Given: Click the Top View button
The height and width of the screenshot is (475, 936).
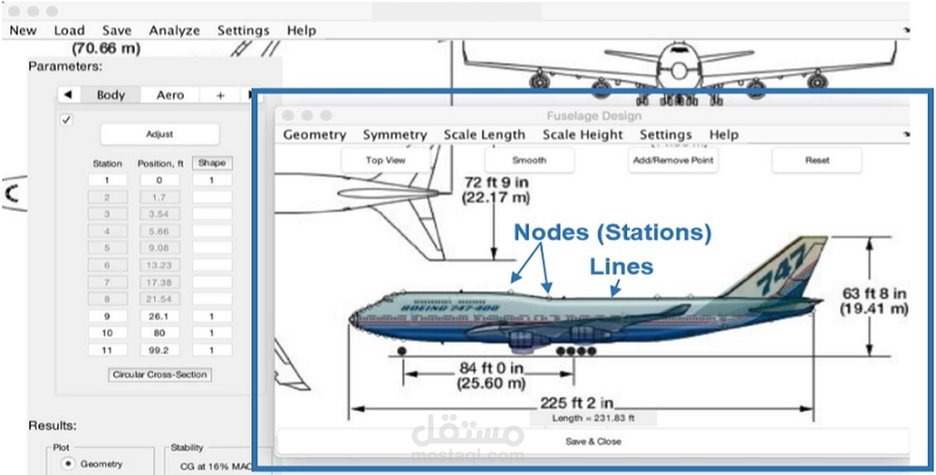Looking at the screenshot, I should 386,160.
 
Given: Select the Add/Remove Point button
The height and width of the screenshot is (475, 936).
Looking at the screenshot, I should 672,160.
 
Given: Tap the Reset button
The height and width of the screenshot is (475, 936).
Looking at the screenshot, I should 817,160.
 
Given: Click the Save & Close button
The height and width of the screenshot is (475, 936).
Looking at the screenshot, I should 593,441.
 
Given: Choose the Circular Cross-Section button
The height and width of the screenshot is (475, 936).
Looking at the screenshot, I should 160,374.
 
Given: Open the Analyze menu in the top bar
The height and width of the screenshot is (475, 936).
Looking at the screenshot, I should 175,31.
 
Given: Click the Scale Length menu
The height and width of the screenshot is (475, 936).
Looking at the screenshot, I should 484,135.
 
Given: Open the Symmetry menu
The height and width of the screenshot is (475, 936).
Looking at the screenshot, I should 395,135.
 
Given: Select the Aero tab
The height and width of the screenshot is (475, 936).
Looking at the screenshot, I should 170,95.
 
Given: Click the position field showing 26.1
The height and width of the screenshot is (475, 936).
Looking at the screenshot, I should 160,316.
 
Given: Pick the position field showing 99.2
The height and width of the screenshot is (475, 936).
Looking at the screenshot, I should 160,350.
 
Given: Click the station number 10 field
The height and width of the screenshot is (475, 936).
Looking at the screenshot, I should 107,333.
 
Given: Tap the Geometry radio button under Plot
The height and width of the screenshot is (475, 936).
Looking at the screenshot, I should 69,464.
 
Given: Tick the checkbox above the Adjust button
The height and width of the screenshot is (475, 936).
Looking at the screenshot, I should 66,119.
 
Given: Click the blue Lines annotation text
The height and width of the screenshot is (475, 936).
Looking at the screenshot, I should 621,266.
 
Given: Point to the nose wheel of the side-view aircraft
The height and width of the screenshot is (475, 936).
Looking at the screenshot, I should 402,350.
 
